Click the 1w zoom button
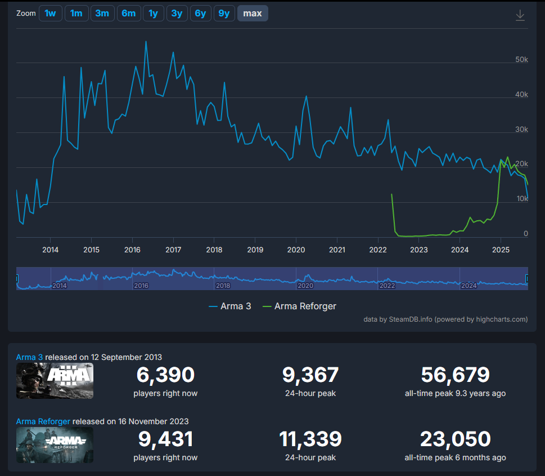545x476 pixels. click(50, 14)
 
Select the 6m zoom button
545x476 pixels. click(128, 14)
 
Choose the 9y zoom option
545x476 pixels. click(224, 14)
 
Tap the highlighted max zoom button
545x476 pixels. click(253, 14)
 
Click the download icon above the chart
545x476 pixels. click(520, 15)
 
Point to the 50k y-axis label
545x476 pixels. click(521, 60)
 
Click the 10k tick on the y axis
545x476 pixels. click(521, 199)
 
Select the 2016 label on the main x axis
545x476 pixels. click(132, 250)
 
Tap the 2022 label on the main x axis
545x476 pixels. click(378, 250)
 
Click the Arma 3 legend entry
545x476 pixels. click(230, 306)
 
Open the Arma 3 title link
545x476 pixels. click(29, 357)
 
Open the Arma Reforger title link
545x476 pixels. click(43, 421)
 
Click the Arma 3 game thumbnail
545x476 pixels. click(55, 381)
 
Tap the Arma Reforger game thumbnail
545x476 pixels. click(55, 445)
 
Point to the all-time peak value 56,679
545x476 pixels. click(455, 375)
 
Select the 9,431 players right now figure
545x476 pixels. click(165, 439)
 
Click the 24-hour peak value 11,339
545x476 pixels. click(310, 439)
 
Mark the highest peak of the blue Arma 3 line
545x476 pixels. click(146, 41)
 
